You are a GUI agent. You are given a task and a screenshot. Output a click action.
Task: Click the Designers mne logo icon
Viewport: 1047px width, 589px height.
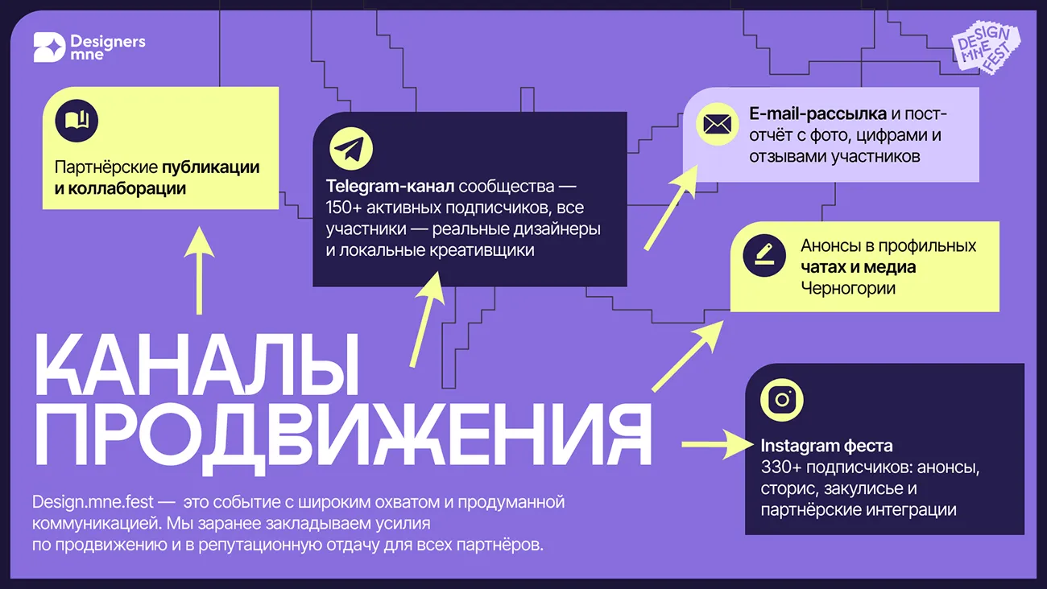click(48, 48)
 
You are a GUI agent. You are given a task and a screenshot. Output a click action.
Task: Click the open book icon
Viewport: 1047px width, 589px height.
click(77, 122)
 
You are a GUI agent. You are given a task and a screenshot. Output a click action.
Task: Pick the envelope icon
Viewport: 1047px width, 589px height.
click(716, 124)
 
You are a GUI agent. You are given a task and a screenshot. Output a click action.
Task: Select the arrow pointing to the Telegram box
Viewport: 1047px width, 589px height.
click(427, 317)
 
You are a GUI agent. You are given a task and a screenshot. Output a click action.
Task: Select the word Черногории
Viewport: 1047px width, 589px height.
click(847, 288)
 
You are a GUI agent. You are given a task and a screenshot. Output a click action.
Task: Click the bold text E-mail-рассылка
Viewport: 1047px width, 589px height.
click(817, 113)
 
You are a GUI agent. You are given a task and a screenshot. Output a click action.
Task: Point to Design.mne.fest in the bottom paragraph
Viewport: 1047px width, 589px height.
click(93, 502)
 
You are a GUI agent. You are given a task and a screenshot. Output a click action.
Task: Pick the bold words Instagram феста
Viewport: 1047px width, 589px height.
click(826, 446)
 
